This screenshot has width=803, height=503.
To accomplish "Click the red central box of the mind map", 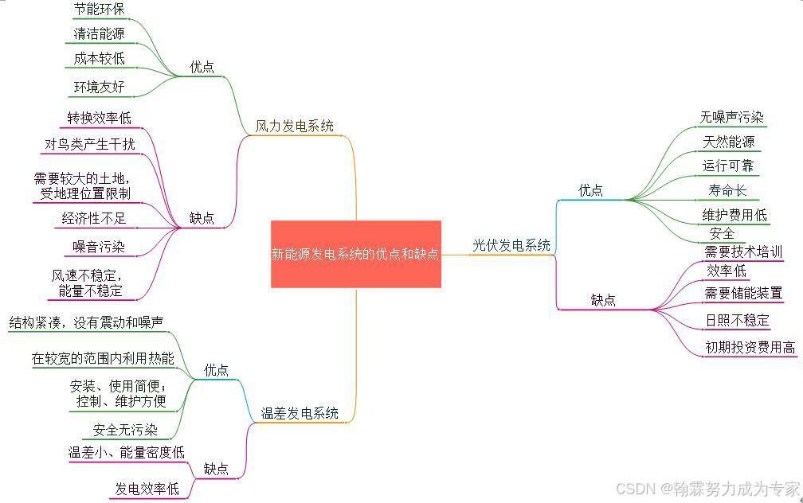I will click(x=355, y=254).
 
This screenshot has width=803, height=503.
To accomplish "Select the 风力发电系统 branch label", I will click(x=294, y=126).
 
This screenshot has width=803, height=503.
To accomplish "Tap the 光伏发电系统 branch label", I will click(x=511, y=245).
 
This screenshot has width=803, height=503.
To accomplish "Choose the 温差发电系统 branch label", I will click(x=300, y=413).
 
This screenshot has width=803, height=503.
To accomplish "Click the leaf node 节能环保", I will click(x=99, y=10).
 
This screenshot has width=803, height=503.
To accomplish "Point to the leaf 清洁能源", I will click(x=99, y=33).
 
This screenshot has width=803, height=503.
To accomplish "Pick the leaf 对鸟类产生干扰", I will click(x=90, y=144).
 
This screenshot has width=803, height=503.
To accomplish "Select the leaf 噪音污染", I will click(x=99, y=247).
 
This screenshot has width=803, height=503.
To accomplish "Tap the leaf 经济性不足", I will click(x=94, y=217).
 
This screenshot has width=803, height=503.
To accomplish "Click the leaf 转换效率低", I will click(x=99, y=118).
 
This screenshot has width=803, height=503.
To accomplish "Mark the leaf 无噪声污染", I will click(x=732, y=117).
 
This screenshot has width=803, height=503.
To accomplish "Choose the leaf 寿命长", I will click(x=727, y=190).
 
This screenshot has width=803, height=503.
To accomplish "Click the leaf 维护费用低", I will click(x=734, y=215).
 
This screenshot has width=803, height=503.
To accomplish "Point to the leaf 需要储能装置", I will click(x=743, y=293).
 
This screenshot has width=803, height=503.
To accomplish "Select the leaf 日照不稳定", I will click(x=738, y=320).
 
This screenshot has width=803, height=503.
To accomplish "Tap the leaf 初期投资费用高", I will click(x=750, y=347).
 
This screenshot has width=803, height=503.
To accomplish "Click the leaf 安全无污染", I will click(x=125, y=430).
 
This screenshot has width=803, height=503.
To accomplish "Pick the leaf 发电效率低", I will click(x=147, y=488).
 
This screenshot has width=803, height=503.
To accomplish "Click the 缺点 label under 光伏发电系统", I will click(x=603, y=300).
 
